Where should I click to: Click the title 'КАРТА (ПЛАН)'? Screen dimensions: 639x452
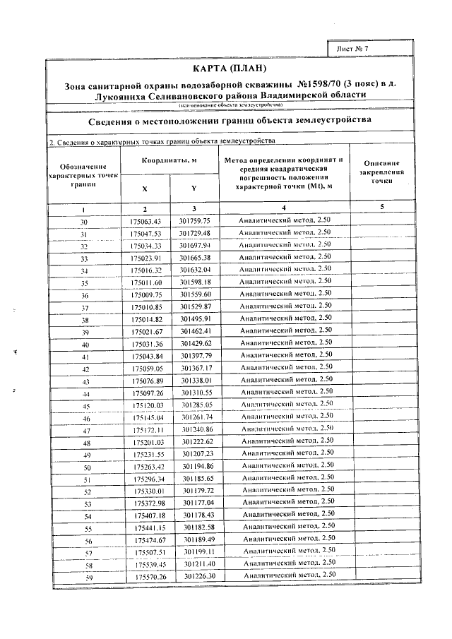(x=230, y=68)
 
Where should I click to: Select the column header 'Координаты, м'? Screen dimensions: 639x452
(x=169, y=161)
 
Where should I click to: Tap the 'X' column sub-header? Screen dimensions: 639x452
(x=145, y=189)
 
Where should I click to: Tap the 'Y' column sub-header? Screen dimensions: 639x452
(x=194, y=189)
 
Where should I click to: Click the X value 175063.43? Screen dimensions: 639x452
(x=146, y=222)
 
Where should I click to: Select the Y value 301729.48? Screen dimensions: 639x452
(x=195, y=233)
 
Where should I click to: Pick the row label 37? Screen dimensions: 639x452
(x=84, y=308)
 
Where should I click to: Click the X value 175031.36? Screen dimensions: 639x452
(x=147, y=344)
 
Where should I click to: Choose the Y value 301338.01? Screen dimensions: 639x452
(x=196, y=381)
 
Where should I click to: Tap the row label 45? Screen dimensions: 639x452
(x=85, y=406)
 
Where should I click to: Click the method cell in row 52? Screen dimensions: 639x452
(x=286, y=491)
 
